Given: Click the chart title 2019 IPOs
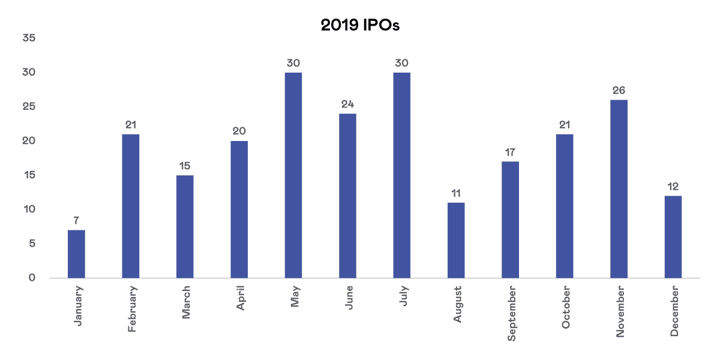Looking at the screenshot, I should (359, 25).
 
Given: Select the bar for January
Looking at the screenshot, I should (76, 254).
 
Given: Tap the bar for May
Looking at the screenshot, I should (293, 175).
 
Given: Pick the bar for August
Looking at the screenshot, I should (456, 240).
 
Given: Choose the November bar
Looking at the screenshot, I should (619, 188).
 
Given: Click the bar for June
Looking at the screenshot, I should (347, 196).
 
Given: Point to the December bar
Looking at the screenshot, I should (673, 236).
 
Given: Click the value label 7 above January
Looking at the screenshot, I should (76, 220).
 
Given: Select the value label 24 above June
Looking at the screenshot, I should (347, 104).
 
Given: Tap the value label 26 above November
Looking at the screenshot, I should (619, 90).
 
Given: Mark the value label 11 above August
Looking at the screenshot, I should (456, 193).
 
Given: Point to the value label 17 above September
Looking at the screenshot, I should (510, 152).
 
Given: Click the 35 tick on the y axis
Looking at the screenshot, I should (29, 38).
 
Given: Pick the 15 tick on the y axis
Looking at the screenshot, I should (29, 175).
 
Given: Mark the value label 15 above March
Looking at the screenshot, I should (185, 166).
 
